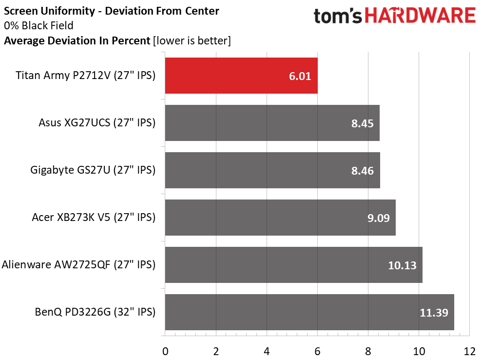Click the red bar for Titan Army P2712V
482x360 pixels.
[241, 76]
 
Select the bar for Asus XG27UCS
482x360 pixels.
[272, 123]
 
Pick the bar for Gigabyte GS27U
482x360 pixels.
[272, 170]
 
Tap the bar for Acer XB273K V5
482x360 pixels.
[280, 218]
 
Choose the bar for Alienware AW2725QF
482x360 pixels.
[293, 265]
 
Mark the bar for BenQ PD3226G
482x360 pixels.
[309, 312]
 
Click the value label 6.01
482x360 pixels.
[299, 76]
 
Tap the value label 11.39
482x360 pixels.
[434, 313]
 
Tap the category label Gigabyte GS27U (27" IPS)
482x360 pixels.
[93, 170]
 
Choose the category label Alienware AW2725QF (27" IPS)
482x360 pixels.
[78, 265]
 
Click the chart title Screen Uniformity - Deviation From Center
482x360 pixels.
[111, 10]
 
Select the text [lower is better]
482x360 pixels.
[192, 41]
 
